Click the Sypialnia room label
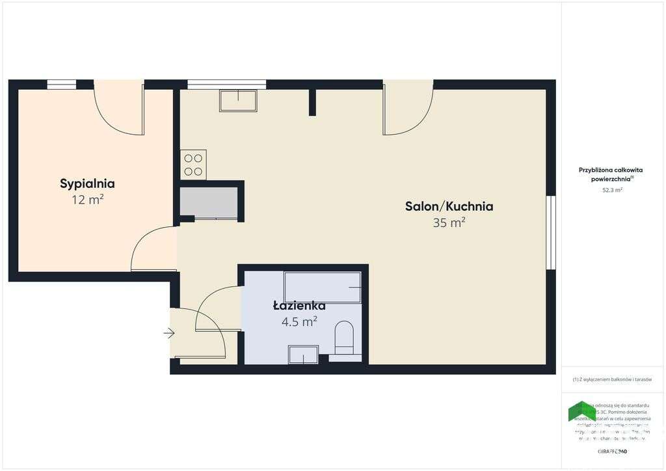tap(87, 183)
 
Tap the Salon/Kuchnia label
tap(449, 206)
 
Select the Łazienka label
tap(299, 305)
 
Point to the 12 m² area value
tap(88, 200)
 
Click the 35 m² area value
tap(449, 222)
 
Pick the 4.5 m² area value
tap(299, 321)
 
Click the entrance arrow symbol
tap(169, 334)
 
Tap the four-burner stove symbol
tap(193, 165)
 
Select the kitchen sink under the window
tap(238, 101)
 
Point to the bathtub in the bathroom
tap(322, 287)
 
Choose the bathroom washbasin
tap(303, 355)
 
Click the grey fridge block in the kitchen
tap(209, 202)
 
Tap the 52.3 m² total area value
tap(612, 191)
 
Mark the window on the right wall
tap(550, 232)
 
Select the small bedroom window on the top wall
tap(62, 84)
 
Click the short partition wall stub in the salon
tap(312, 102)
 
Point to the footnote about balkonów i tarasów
tap(612, 379)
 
